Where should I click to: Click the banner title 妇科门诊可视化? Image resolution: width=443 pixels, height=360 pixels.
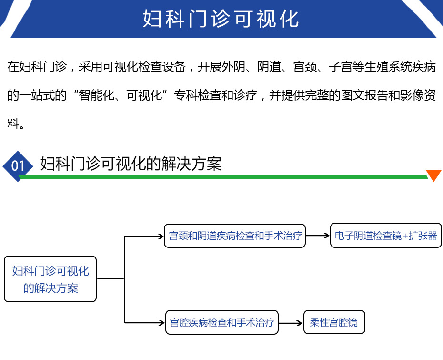click(x=221, y=19)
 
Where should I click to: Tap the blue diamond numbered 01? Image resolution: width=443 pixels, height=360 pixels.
click(x=18, y=166)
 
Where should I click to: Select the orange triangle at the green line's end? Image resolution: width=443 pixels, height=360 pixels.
click(x=433, y=175)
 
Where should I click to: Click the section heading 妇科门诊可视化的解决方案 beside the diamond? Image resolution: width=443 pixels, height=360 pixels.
click(x=131, y=164)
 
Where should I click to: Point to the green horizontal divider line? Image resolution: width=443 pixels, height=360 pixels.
click(x=223, y=177)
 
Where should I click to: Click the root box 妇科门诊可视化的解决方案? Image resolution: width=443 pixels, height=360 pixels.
click(x=50, y=279)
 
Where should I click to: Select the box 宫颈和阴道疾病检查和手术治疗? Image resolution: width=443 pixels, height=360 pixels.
click(x=235, y=236)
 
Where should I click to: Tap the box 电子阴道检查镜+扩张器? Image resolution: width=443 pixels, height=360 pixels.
click(x=386, y=235)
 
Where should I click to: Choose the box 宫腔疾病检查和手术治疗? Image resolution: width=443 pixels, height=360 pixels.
click(x=222, y=322)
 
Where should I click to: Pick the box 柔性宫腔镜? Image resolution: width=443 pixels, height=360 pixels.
click(x=334, y=322)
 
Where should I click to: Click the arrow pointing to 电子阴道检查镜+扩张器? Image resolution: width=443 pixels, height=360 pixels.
click(x=318, y=235)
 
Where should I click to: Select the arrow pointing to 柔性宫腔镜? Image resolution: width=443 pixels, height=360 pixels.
click(x=291, y=323)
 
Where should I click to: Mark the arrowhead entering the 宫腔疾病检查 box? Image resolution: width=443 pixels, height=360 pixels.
click(x=162, y=322)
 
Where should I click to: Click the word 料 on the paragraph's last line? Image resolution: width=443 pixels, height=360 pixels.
click(x=13, y=123)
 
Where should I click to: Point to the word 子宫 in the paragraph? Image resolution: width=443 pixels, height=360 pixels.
click(x=341, y=67)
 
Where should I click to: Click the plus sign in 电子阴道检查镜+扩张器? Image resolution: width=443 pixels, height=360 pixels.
click(x=405, y=236)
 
